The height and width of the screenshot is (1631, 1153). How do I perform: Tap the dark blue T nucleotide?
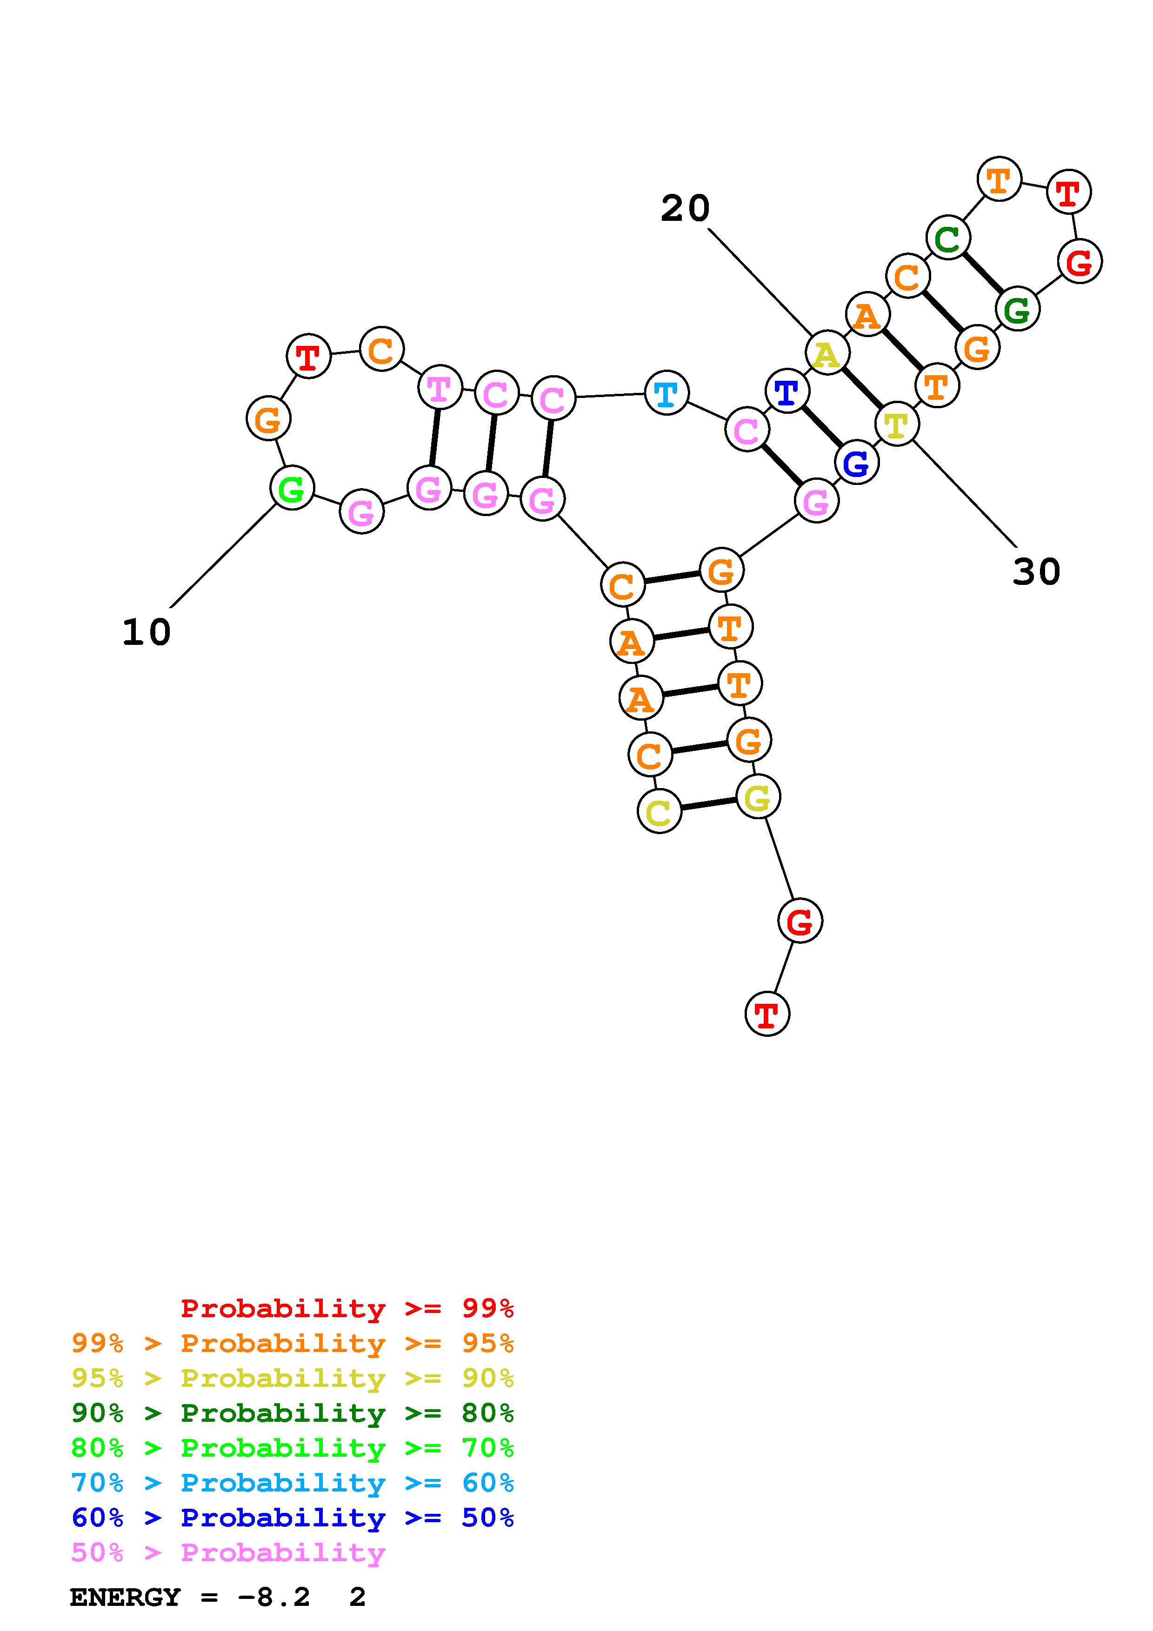pos(787,391)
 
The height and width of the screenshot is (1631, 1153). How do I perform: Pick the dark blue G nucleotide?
pos(856,463)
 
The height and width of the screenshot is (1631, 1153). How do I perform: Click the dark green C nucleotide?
pos(948,238)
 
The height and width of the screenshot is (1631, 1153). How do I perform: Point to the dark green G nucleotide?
pos(1017,309)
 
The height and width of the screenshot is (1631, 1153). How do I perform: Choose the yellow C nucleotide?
pos(659,811)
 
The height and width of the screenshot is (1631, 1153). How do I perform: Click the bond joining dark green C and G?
pos(982,273)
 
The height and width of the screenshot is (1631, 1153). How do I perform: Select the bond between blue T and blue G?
pos(822,427)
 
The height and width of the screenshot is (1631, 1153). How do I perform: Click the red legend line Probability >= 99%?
pos(347,1308)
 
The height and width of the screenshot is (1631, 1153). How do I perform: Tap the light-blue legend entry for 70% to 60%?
pos(293,1483)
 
